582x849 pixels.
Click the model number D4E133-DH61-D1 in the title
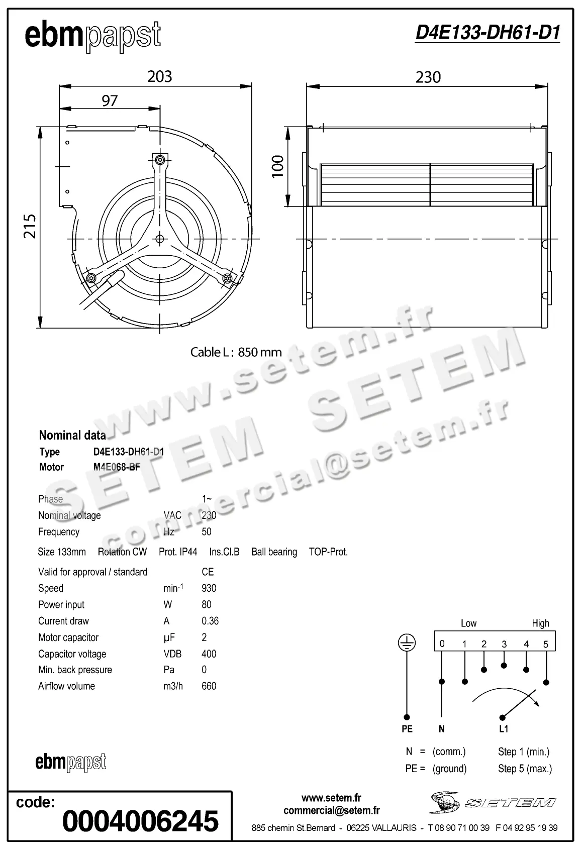click(487, 33)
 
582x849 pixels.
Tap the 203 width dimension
click(159, 76)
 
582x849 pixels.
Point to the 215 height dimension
click(30, 226)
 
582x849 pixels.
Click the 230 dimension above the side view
click(428, 77)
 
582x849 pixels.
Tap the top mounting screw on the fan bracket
click(160, 160)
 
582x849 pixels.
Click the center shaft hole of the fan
click(160, 239)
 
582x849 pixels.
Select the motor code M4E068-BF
click(117, 467)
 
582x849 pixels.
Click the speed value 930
click(209, 588)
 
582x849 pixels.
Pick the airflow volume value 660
click(209, 686)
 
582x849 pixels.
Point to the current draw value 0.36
click(210, 621)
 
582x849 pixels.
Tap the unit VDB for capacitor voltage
click(172, 654)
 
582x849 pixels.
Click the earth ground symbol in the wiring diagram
click(407, 643)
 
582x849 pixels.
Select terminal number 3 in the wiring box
click(504, 644)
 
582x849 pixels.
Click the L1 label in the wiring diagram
click(503, 729)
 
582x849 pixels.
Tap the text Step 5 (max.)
click(525, 769)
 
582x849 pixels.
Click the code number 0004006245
click(140, 821)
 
